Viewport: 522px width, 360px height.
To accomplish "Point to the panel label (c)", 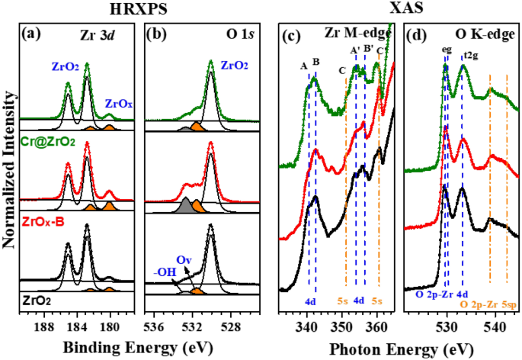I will point(293,37).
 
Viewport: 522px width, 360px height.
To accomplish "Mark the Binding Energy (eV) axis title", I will point(143,328).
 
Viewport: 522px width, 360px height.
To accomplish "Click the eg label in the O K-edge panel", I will point(447,51).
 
